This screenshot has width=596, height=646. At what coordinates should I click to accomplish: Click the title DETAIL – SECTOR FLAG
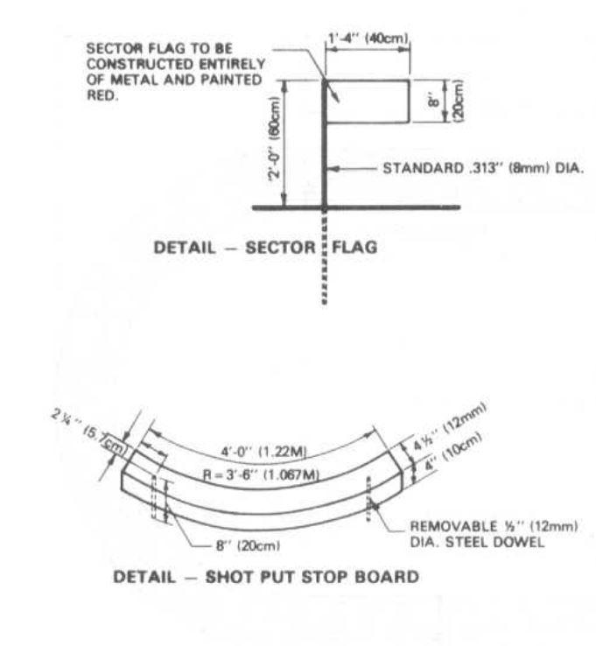click(x=265, y=247)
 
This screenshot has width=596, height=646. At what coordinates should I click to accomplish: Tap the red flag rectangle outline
click(x=367, y=102)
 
